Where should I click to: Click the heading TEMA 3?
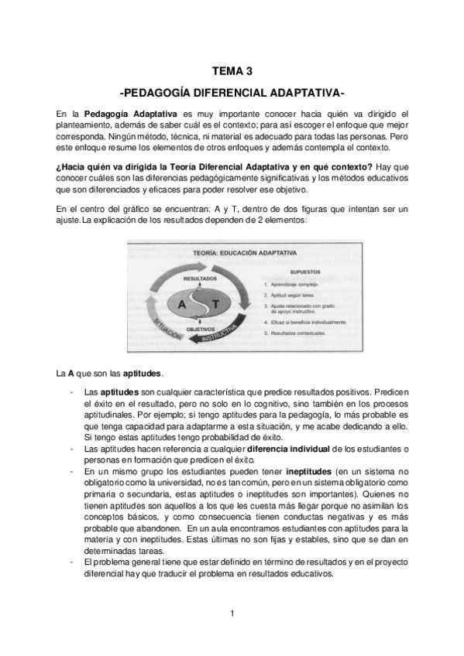coord(232,71)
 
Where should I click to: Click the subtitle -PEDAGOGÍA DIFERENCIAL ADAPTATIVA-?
coord(232,94)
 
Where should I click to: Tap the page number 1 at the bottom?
coord(232,613)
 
